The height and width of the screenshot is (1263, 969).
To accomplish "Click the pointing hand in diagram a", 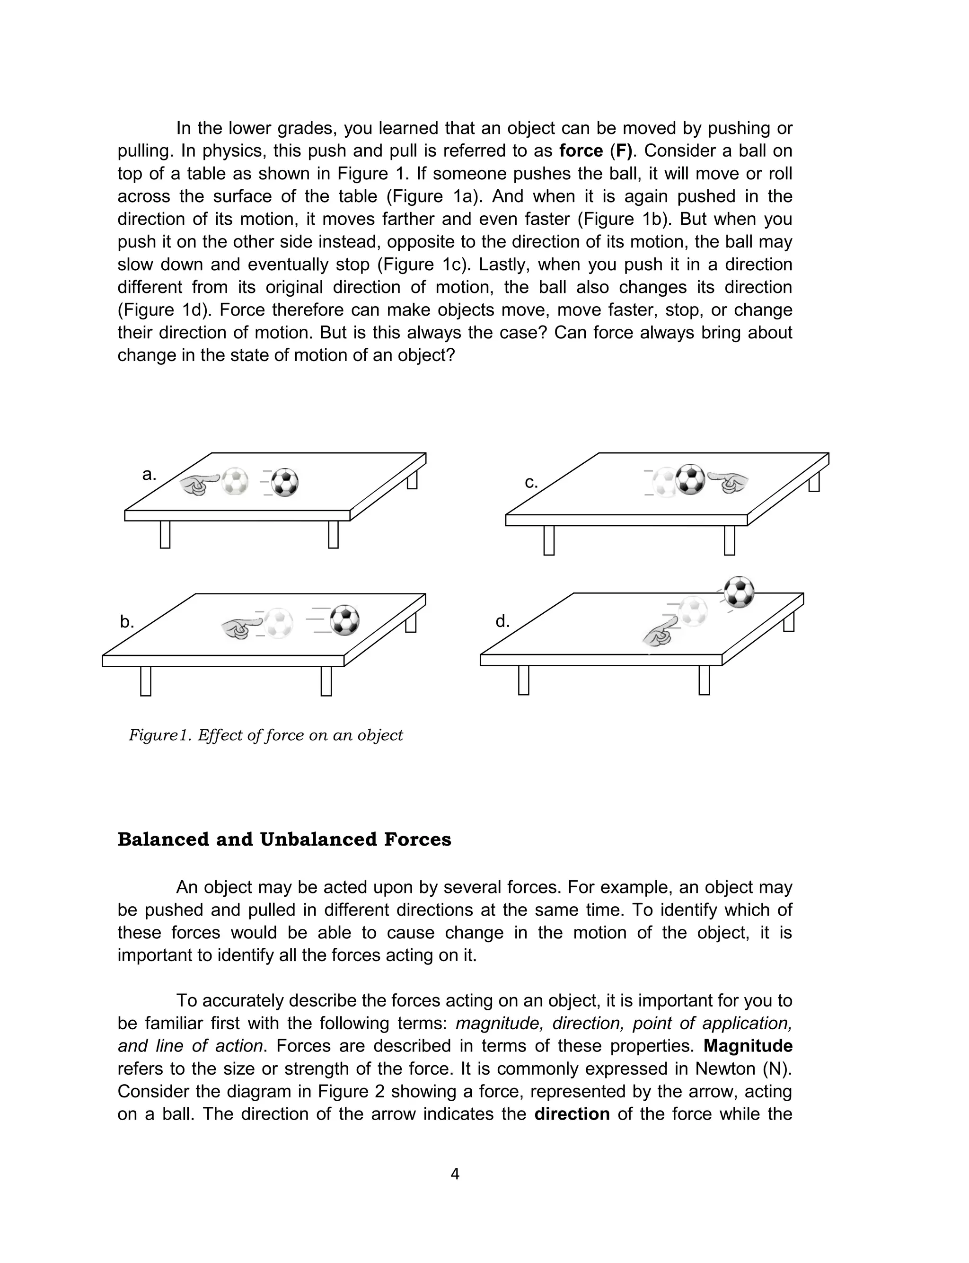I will click(199, 485).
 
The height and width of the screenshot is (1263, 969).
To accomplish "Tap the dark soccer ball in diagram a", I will click(285, 482).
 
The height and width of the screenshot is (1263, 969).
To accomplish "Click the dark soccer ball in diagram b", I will click(345, 620).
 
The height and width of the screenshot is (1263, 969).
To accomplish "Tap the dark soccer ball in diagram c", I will click(690, 479).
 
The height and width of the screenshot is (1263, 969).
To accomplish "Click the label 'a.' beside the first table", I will click(149, 475).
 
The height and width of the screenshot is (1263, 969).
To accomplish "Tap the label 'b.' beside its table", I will click(127, 622).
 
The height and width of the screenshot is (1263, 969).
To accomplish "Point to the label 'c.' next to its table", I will click(531, 482).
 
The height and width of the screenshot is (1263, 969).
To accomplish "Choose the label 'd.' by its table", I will click(502, 621).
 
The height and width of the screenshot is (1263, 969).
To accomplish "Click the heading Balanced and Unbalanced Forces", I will click(284, 839).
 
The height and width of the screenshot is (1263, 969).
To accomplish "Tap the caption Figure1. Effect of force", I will click(265, 735).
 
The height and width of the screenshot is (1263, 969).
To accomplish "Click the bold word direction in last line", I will click(572, 1113).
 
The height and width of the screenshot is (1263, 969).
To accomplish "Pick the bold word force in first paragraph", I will click(581, 150).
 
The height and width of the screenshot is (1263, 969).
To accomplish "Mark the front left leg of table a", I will click(165, 534).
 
